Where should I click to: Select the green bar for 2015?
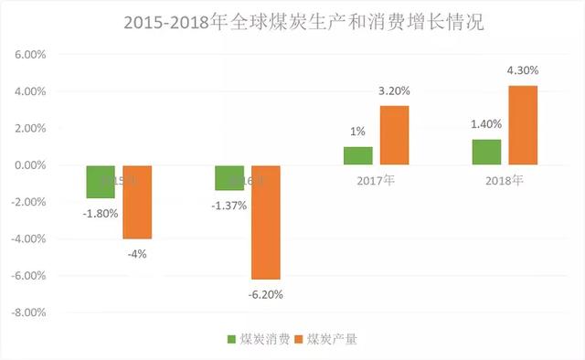(101, 182)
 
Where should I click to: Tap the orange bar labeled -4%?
(137, 202)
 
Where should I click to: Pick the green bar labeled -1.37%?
(229, 177)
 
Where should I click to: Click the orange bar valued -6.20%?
(266, 222)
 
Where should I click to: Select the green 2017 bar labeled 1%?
(358, 155)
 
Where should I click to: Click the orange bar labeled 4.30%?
(523, 125)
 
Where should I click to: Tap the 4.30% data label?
(523, 69)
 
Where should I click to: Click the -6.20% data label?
(266, 294)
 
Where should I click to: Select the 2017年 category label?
(376, 179)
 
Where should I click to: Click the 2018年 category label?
(505, 179)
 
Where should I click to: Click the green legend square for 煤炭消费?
(232, 340)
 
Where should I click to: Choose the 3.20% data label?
(395, 90)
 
